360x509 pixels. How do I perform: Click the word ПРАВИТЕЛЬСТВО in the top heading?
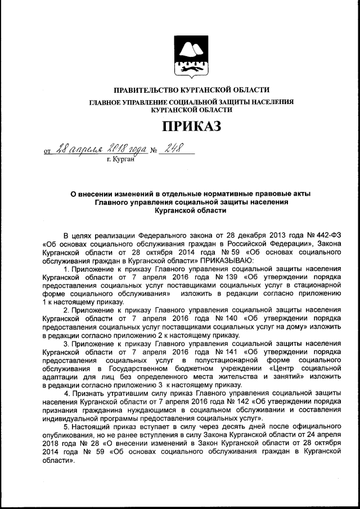click(146, 90)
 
